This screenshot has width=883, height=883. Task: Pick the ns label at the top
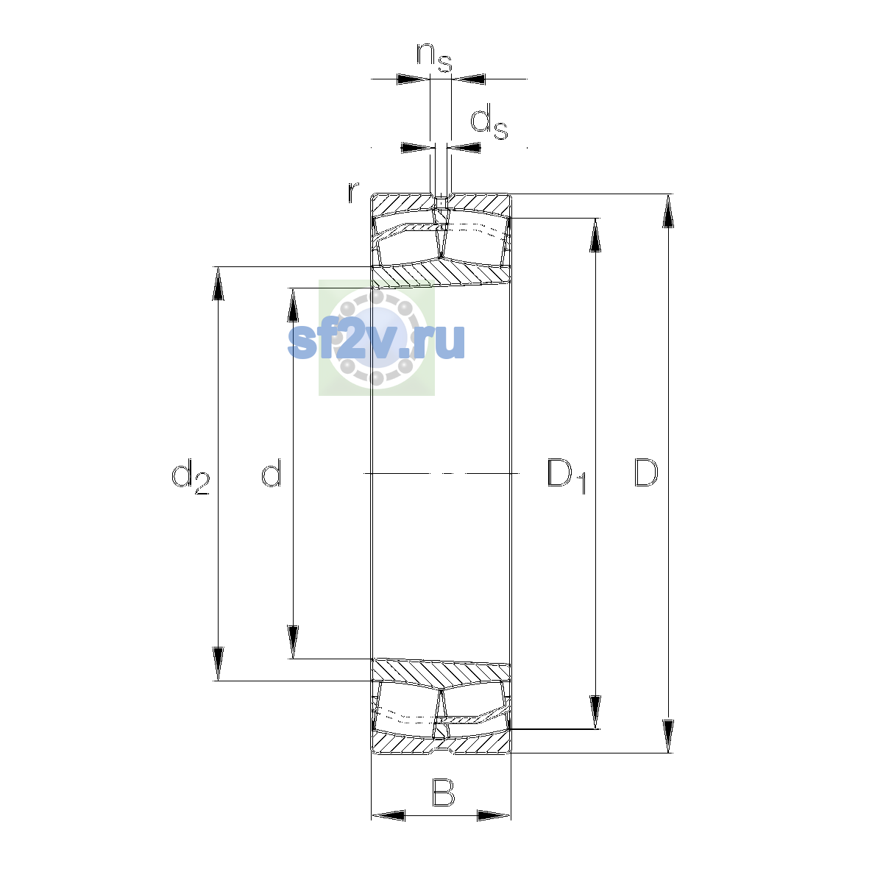434,57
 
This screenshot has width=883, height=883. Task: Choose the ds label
489,121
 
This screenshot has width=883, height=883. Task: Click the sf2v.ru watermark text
376,341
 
